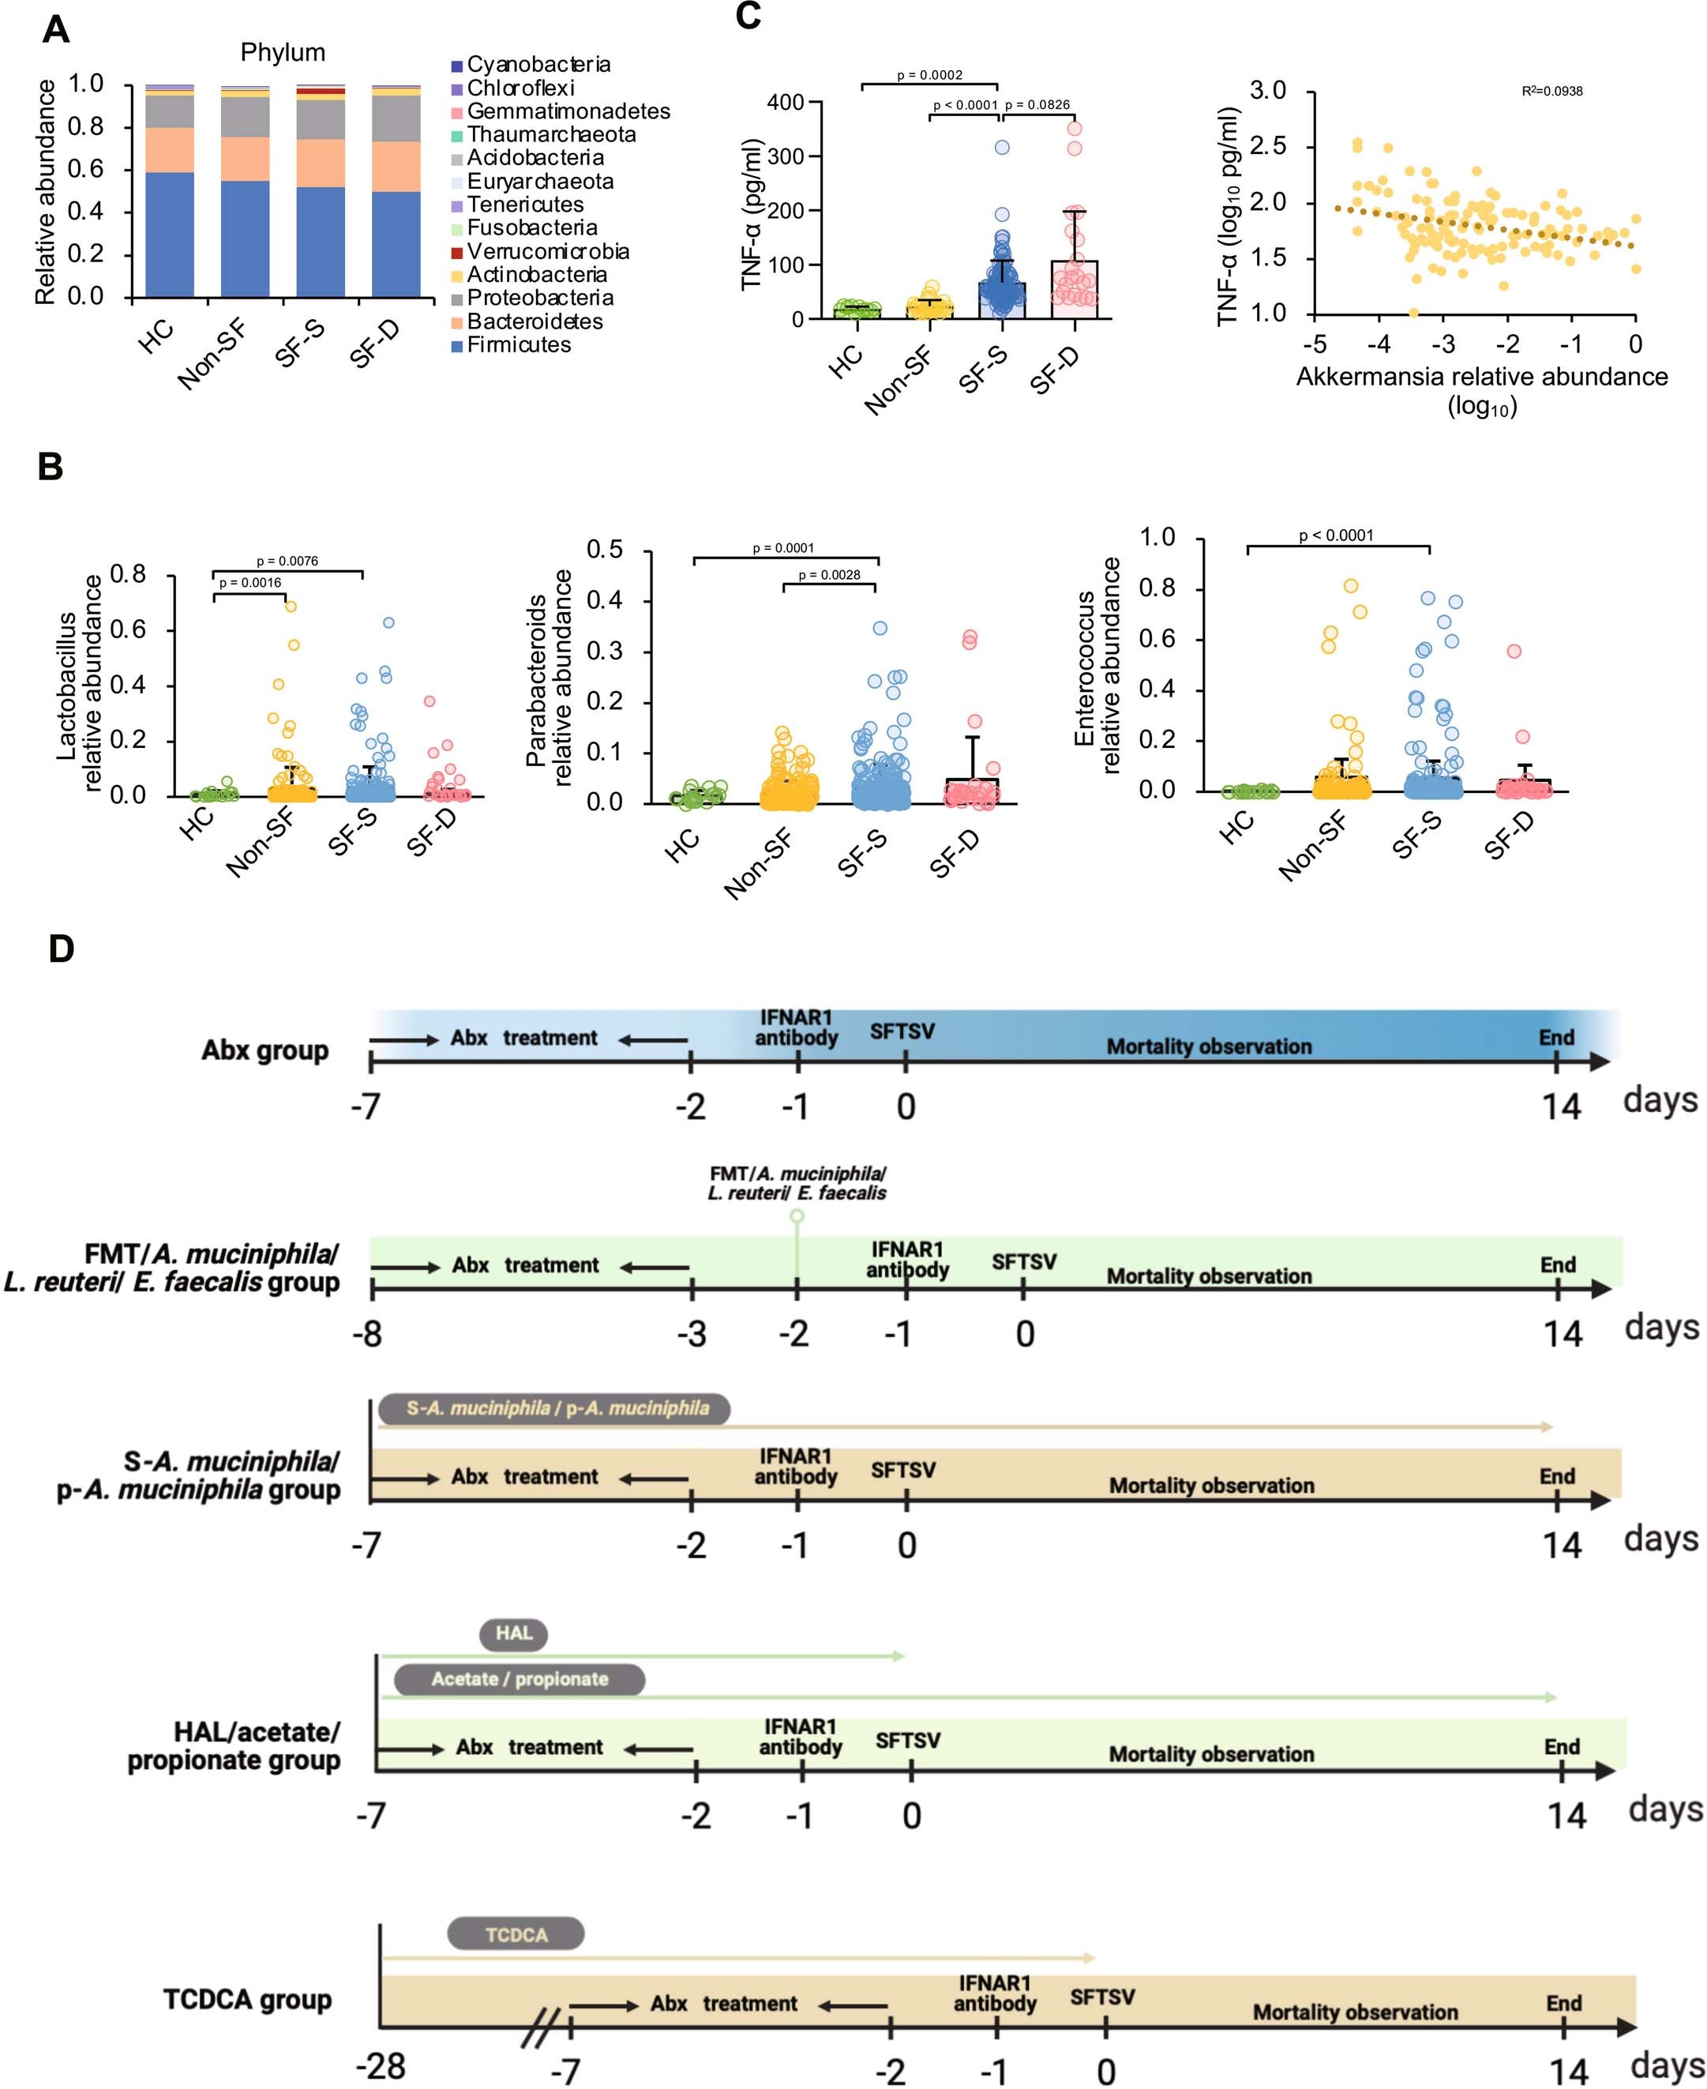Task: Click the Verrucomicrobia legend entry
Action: (548, 252)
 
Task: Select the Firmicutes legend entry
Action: (518, 345)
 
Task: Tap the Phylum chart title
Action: (283, 52)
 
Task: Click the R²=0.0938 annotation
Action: (1551, 92)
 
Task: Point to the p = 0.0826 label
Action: (1037, 105)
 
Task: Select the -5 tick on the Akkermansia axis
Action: (1314, 344)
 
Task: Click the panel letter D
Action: (61, 949)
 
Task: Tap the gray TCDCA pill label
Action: (516, 1934)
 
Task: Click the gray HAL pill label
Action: (513, 1633)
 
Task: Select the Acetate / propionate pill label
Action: (520, 1679)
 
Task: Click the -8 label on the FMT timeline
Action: (367, 1334)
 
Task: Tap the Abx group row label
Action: (264, 1050)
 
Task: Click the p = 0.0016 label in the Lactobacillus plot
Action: (249, 583)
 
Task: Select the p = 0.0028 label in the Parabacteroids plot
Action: (829, 574)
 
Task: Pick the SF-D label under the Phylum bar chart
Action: (373, 346)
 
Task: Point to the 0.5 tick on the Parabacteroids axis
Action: (605, 550)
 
